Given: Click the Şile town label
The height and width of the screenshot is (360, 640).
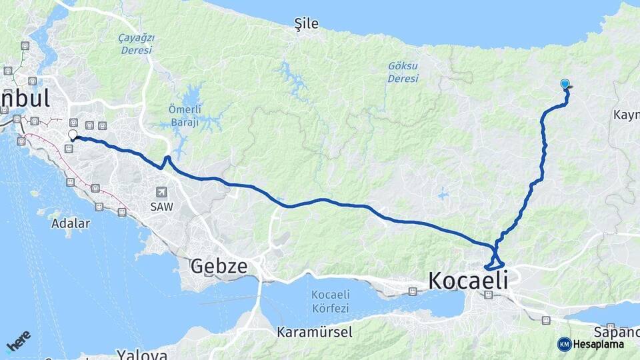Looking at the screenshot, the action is click(307, 24).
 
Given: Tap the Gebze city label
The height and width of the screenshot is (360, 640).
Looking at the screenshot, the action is click(219, 267).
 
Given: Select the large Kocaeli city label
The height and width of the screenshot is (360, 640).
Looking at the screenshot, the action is click(467, 280).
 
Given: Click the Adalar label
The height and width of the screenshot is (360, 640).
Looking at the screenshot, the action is click(70, 223).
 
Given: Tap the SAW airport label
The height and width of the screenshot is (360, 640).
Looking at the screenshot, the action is click(161, 207).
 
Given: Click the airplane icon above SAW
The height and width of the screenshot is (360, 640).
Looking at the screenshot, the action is click(161, 191).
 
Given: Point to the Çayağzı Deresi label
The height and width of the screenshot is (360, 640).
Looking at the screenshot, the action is click(135, 44).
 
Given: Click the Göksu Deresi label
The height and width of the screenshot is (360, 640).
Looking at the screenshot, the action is click(403, 72).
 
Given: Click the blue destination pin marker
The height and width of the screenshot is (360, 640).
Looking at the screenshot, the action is click(565, 84).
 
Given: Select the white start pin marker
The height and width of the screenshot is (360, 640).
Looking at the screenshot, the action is click(72, 135).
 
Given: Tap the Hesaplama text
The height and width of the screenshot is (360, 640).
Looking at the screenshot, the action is click(599, 344).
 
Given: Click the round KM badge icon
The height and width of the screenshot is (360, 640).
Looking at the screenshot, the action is click(564, 344).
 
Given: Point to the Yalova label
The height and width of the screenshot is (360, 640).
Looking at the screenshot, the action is click(141, 354).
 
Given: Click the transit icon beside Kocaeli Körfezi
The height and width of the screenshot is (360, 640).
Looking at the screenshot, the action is click(413, 291).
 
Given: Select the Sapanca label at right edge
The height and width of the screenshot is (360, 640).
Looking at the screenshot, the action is click(618, 332).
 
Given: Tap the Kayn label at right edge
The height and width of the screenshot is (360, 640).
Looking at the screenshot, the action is click(626, 115).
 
